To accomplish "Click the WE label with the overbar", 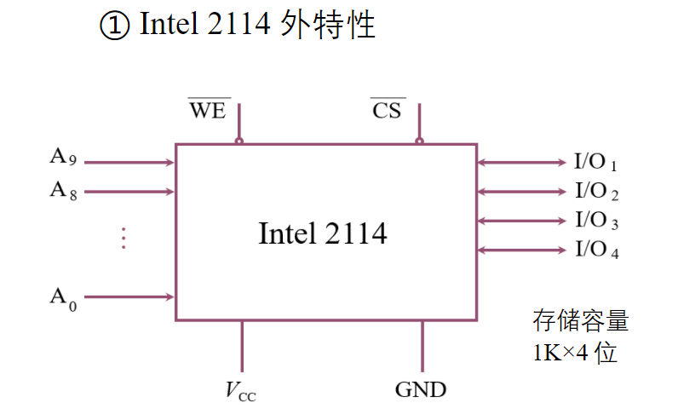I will (208, 111).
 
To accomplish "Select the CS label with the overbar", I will (387, 111).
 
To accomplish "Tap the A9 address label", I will (63, 158).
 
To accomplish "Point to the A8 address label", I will (63, 191).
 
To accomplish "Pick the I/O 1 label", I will (595, 162).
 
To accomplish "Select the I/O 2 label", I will (595, 191).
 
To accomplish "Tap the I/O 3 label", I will (595, 221).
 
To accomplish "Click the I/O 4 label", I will (595, 250).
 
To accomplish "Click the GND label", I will (421, 390).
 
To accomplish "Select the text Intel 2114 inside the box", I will (322, 233).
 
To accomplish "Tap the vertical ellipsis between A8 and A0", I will (123, 238).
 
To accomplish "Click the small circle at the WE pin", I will (239, 141).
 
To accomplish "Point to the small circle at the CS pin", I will (419, 141).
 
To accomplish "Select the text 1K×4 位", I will (575, 353).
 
